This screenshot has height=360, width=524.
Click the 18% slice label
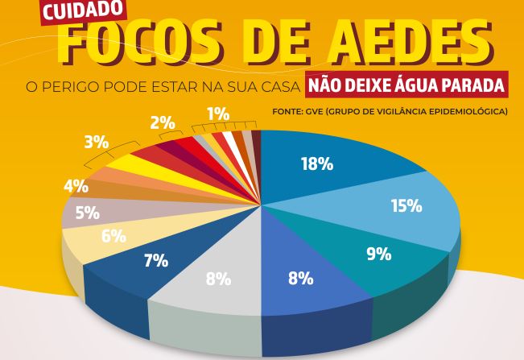(x=316, y=163)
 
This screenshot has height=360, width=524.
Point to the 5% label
(x=87, y=213)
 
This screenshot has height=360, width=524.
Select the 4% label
(x=76, y=187)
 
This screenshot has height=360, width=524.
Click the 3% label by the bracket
(x=96, y=143)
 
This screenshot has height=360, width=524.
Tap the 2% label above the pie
(x=162, y=123)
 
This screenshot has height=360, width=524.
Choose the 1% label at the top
(x=217, y=114)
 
